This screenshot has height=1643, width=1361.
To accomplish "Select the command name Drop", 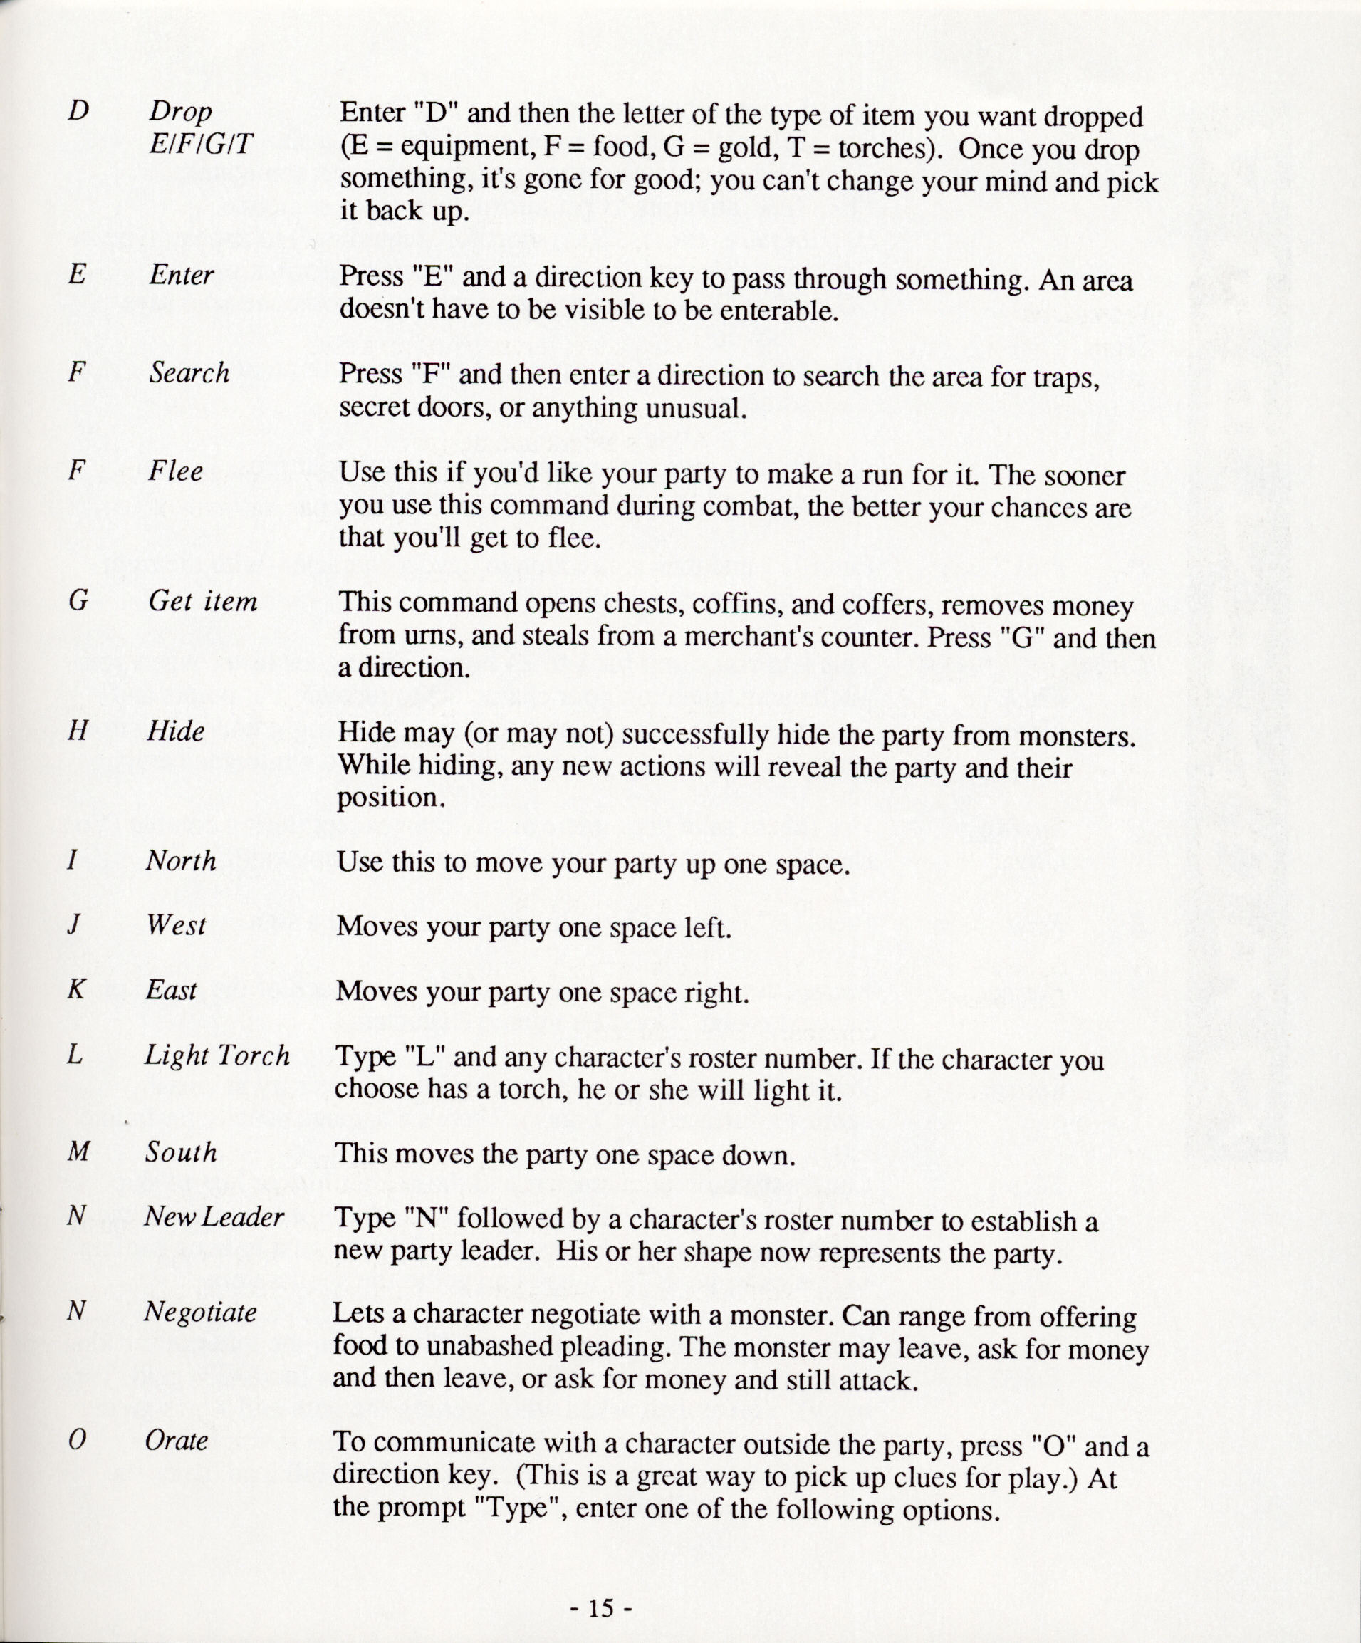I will [181, 113].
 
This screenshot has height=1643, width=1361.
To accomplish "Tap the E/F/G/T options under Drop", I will [201, 144].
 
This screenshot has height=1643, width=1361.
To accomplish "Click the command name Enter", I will [182, 275].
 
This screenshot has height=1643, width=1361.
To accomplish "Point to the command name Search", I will [189, 373].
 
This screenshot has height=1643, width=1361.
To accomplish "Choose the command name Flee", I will [175, 471].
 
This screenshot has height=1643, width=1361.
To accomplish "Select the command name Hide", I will [175, 731].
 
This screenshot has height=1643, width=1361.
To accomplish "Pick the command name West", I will [176, 926].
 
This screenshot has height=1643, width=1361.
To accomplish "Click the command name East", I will [172, 991].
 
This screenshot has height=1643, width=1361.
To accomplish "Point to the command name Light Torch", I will [217, 1055].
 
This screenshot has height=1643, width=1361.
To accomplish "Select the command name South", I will [181, 1152].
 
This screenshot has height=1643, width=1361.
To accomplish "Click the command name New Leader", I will [214, 1216].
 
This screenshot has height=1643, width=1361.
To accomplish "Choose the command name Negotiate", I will [200, 1312].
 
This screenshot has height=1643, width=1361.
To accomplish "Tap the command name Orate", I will [176, 1440].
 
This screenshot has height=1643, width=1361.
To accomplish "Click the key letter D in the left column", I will [78, 111].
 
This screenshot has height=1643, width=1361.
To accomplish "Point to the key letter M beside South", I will [79, 1152].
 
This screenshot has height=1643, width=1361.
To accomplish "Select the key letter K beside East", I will [76, 991].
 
